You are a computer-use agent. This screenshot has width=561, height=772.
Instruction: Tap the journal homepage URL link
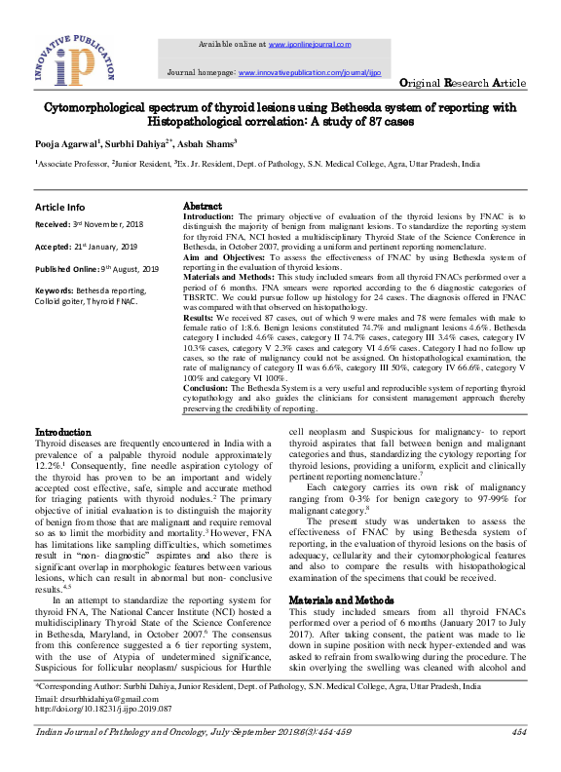coord(308,72)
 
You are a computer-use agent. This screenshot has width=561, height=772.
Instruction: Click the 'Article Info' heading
coord(59,207)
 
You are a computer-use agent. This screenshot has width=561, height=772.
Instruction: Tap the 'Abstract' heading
coord(204,207)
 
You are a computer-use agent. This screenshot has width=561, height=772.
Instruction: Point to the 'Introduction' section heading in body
coord(63,431)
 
